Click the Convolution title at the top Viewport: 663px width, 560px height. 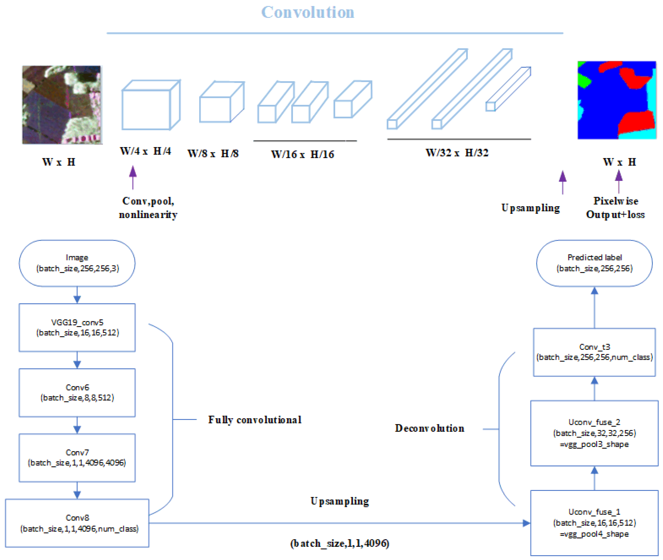(307, 13)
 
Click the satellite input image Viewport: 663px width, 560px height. (62, 105)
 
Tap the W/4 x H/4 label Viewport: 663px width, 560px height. (145, 151)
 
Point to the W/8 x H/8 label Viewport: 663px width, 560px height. (213, 154)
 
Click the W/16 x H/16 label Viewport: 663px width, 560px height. (302, 155)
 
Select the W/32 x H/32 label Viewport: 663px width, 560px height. (457, 153)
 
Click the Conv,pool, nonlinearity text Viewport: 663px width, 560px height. (148, 208)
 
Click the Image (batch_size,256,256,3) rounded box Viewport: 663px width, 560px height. (77, 263)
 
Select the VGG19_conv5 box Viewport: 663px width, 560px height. (77, 328)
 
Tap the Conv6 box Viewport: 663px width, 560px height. (77, 393)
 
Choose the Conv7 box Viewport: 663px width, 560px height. (77, 458)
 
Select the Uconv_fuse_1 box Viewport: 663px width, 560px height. (594, 523)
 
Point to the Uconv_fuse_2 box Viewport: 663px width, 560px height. (594, 433)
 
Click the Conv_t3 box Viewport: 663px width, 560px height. (594, 352)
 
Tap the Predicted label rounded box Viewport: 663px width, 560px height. (594, 263)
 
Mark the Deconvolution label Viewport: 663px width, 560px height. (429, 428)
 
